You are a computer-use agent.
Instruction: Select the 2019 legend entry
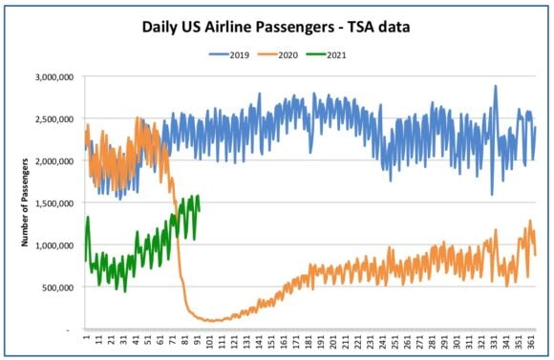pyautogui.click(x=229, y=55)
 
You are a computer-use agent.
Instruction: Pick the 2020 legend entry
pyautogui.click(x=278, y=55)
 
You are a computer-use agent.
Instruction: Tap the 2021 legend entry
pyautogui.click(x=326, y=55)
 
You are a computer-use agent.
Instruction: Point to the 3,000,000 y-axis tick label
pyautogui.click(x=54, y=77)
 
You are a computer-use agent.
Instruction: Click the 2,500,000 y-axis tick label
pyautogui.click(x=54, y=119)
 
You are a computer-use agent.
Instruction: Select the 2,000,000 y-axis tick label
pyautogui.click(x=54, y=161)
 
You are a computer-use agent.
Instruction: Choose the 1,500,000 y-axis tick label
pyautogui.click(x=54, y=203)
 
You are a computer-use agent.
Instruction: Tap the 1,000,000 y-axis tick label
pyautogui.click(x=54, y=245)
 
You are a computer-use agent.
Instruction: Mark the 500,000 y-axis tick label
pyautogui.click(x=58, y=287)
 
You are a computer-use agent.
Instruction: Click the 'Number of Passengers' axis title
pyautogui.click(x=25, y=202)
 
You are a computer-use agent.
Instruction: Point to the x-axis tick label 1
pyautogui.click(x=87, y=337)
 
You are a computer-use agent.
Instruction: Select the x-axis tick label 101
pyautogui.click(x=210, y=341)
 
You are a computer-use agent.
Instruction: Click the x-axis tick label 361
pyautogui.click(x=531, y=341)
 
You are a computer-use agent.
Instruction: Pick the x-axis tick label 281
pyautogui.click(x=432, y=341)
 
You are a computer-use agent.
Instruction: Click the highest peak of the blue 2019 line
pyautogui.click(x=496, y=86)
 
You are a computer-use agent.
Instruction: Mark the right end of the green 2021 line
pyautogui.click(x=200, y=211)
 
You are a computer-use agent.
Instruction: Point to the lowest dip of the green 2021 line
pyautogui.click(x=125, y=292)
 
